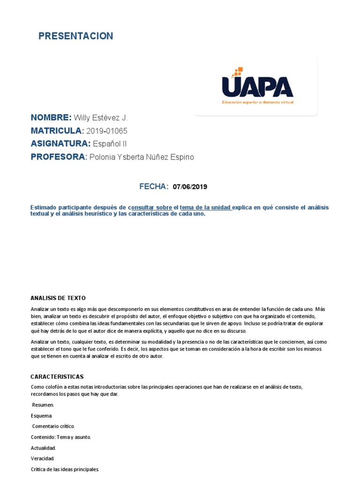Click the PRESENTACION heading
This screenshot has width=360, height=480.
point(75,36)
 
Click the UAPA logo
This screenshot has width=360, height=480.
point(257,87)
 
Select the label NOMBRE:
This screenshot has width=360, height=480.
point(51,118)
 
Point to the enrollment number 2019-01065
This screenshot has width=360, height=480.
point(107,131)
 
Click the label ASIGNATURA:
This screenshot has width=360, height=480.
point(60,144)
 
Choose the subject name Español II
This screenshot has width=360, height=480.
point(110,144)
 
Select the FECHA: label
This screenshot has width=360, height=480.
point(154,187)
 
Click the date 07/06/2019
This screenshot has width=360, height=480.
point(190,187)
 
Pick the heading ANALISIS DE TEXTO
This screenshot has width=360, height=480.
point(58,298)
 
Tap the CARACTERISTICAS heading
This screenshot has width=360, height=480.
point(57,376)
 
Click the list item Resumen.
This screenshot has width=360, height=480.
point(43,405)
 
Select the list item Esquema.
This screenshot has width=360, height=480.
point(41,415)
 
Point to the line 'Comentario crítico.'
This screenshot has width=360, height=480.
point(53,426)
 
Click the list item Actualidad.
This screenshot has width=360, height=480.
point(43,448)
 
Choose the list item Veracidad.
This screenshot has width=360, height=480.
point(43,458)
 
